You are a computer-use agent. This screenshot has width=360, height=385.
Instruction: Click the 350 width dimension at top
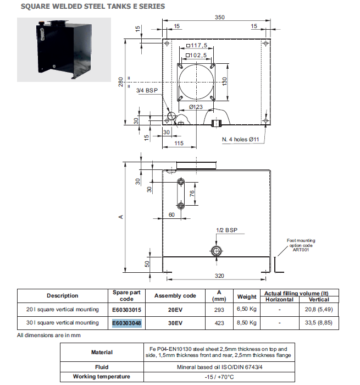click(x=220, y=18)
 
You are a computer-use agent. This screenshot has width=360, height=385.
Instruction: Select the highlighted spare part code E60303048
click(x=127, y=323)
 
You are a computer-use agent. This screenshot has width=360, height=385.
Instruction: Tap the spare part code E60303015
click(x=127, y=310)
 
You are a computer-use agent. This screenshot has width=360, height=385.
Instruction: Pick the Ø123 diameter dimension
click(x=197, y=107)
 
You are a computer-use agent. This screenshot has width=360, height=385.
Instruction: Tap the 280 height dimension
click(x=122, y=82)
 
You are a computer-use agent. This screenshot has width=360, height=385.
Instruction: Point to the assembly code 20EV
click(x=175, y=310)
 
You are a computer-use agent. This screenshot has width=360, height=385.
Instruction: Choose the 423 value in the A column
click(x=219, y=323)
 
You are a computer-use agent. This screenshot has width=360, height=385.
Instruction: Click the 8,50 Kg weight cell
click(x=247, y=323)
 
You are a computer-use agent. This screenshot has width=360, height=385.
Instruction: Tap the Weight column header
click(x=247, y=296)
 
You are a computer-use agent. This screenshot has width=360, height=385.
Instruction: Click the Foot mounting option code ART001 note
click(x=302, y=245)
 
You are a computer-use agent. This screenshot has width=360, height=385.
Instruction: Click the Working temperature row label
click(x=102, y=377)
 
